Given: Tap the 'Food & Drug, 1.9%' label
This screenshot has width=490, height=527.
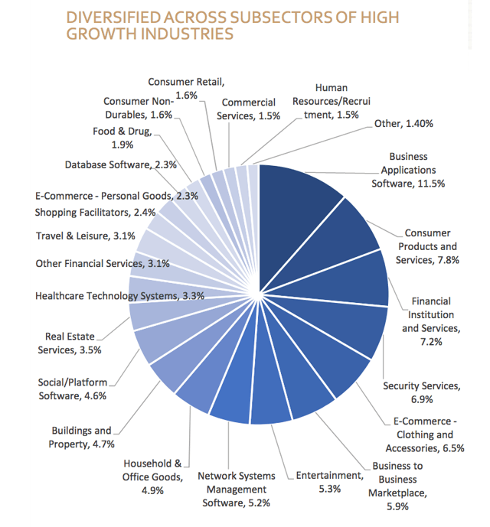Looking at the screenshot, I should click(x=123, y=137).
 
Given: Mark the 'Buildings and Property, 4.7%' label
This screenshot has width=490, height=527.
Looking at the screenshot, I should click(x=81, y=437).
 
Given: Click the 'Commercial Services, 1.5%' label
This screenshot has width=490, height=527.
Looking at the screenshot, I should click(x=249, y=109).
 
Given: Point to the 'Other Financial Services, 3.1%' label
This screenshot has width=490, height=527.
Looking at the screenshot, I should click(x=103, y=264).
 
